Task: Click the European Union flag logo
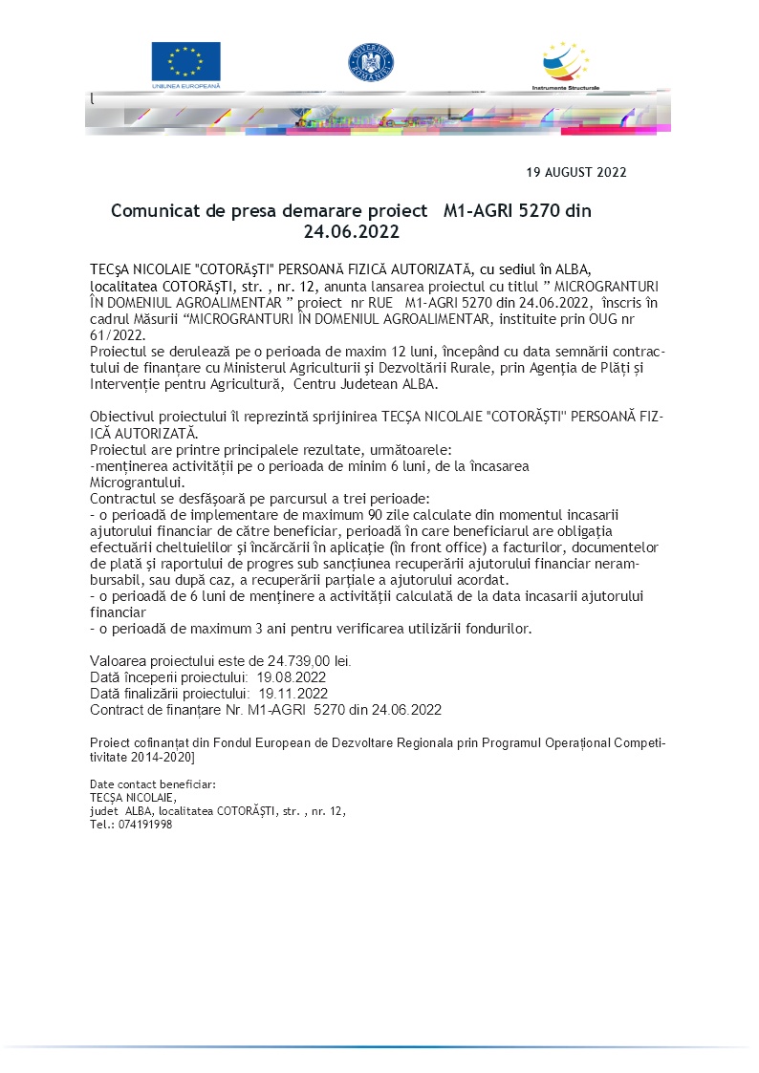(x=185, y=63)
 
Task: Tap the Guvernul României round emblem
(x=371, y=63)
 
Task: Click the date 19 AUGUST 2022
(x=576, y=173)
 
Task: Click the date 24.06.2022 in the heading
(x=351, y=232)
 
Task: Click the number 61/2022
(x=117, y=334)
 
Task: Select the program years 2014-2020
(x=159, y=757)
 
